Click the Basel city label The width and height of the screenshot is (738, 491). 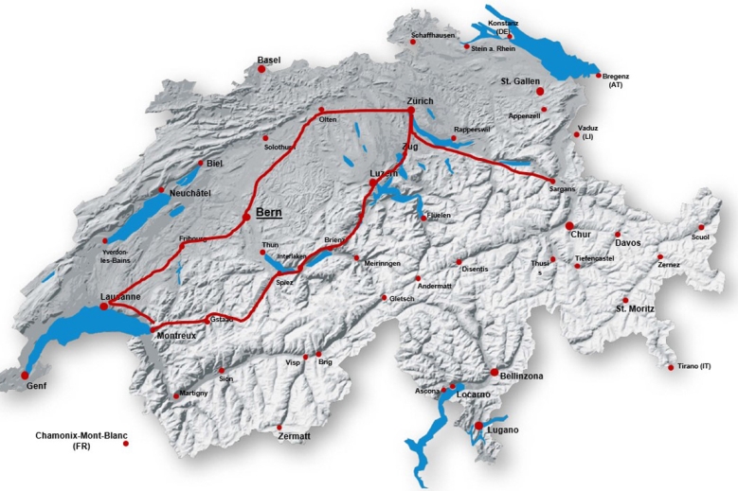pos(269,60)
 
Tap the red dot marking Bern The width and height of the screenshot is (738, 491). pos(246,217)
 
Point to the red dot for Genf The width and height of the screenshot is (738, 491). pos(25,376)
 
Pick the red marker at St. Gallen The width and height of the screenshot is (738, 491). pos(540,92)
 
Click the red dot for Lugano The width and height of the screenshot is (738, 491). pos(478,426)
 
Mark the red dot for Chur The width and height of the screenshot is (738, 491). pos(569,226)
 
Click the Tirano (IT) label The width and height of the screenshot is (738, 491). pos(695,366)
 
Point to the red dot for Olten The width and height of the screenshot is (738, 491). pos(321,110)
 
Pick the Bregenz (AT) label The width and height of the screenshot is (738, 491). pos(617,80)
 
